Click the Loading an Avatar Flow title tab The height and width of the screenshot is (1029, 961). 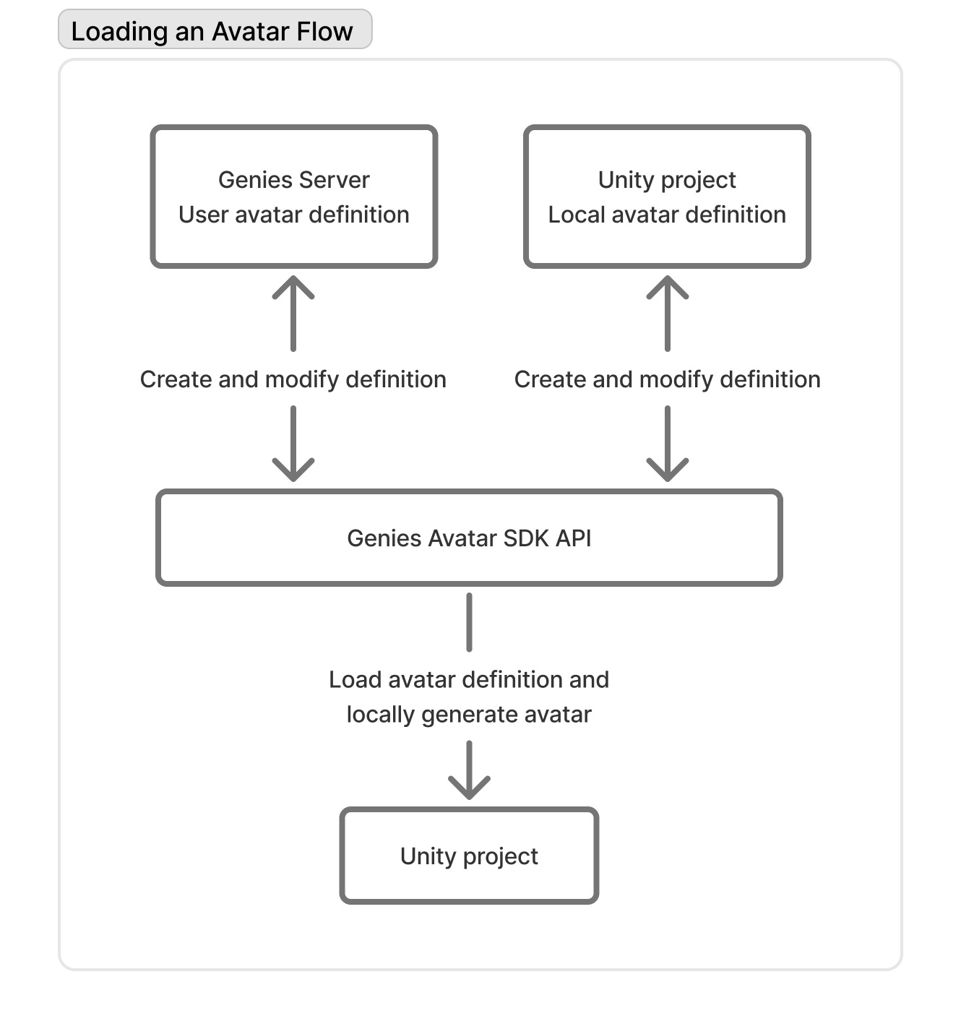point(215,30)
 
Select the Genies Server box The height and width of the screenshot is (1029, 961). point(293,197)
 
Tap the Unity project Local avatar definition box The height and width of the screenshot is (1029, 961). point(666,197)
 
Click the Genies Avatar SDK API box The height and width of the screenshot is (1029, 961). point(469,538)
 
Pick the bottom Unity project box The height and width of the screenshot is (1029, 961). point(469,856)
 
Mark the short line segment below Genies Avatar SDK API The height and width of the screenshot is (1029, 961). point(469,621)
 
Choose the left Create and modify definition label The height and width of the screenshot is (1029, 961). point(293,379)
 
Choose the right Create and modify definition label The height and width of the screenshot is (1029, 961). point(667,379)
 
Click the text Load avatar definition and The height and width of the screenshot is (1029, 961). point(469,680)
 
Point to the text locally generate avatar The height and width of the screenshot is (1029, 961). point(469,715)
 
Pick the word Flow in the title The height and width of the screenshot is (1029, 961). point(327,31)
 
